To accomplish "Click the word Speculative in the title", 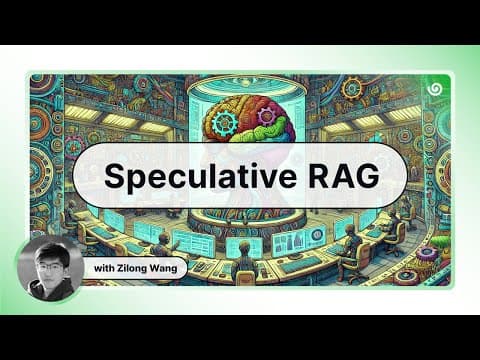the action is click(x=200, y=176).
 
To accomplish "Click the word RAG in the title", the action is click(x=344, y=175).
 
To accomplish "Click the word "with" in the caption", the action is click(x=103, y=268).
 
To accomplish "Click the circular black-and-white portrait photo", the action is click(x=50, y=269).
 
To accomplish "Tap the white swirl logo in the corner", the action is click(x=434, y=89).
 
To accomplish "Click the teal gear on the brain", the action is click(x=225, y=123).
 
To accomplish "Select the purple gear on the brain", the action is click(x=266, y=115).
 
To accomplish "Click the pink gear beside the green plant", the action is click(x=424, y=254).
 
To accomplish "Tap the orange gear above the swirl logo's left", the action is click(x=353, y=88).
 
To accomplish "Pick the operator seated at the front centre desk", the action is click(x=245, y=264).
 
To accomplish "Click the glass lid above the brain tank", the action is click(x=242, y=84).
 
